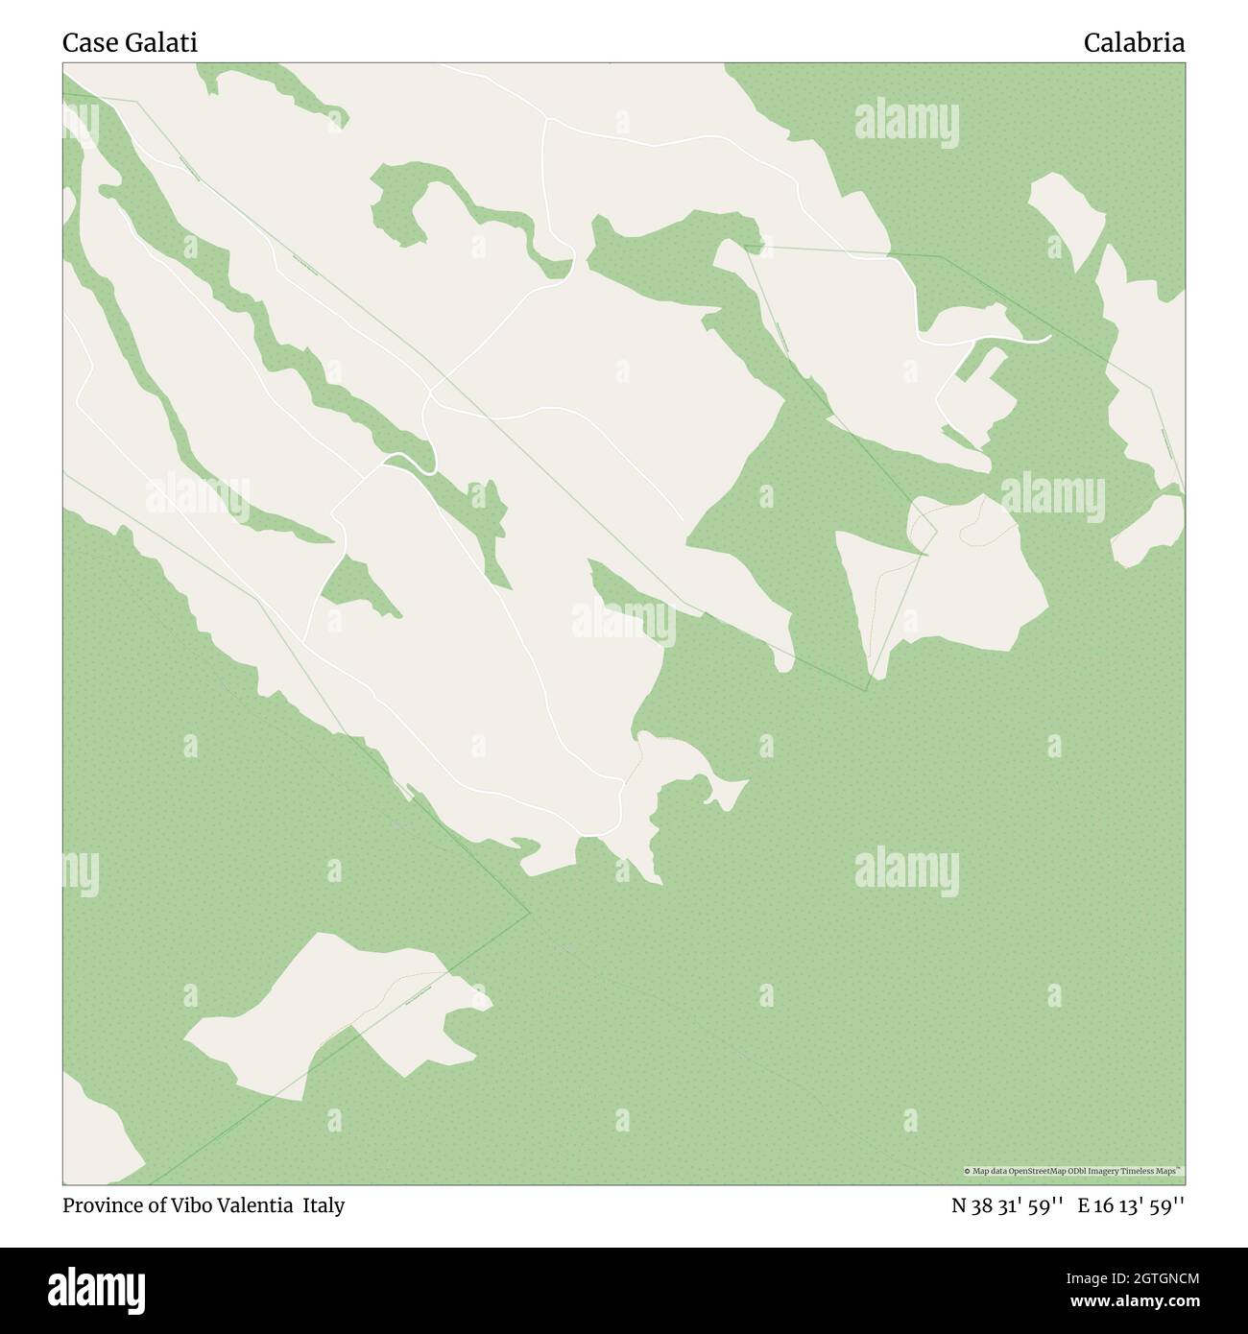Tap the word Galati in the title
157,43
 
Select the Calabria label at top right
1134,43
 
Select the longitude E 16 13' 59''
1131,1205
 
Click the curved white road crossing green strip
413,464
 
